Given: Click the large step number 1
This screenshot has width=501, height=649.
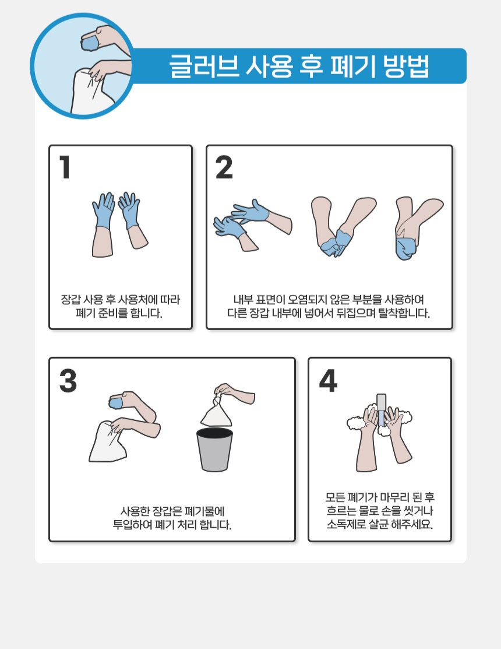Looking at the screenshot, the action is (65, 167).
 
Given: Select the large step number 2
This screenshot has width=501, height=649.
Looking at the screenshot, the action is (224, 167).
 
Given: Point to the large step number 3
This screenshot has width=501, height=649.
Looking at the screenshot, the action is (68, 380).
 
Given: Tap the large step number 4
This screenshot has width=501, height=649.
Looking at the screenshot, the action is (328, 380).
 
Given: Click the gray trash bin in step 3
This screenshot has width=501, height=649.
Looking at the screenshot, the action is (214, 450).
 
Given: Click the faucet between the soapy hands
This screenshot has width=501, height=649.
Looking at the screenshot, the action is (381, 410).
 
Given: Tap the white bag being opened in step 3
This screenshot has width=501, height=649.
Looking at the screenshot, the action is (107, 442).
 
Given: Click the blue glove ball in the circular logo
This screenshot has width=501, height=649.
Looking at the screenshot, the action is (90, 43).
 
